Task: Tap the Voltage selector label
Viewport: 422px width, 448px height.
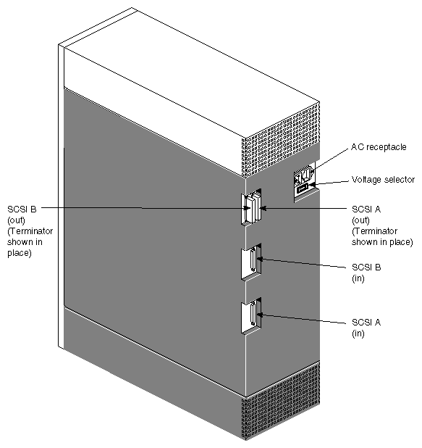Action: (382, 180)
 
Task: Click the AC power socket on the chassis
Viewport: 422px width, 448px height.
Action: (303, 175)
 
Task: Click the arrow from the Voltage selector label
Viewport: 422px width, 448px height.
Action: (329, 183)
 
